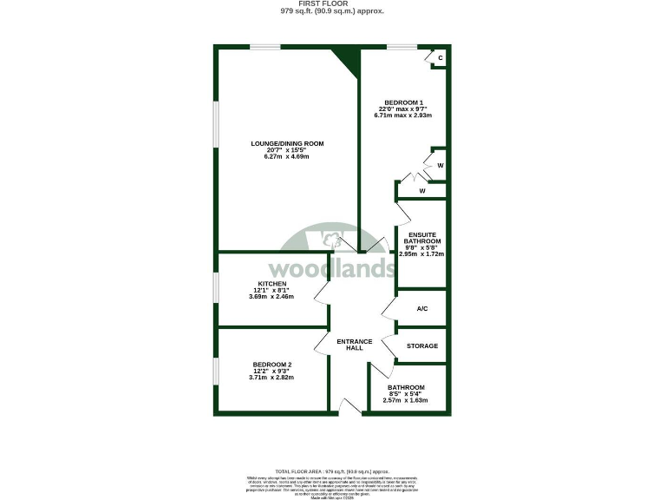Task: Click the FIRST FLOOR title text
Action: coord(332,4)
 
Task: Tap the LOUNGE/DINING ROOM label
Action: coord(287,142)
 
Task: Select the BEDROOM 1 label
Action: coord(403,101)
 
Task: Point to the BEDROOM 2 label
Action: coord(271,364)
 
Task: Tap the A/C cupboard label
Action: coord(422,308)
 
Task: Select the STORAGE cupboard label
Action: coord(422,345)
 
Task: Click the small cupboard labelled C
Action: coord(441,58)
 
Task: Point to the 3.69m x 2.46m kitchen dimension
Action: coord(271,297)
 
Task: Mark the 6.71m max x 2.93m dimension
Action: coord(403,115)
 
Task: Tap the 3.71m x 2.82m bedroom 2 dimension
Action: coord(271,378)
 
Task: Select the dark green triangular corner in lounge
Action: coord(349,60)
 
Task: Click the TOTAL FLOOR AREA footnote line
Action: coord(332,468)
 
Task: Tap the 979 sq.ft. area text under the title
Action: coord(332,12)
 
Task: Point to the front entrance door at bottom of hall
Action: coord(350,408)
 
